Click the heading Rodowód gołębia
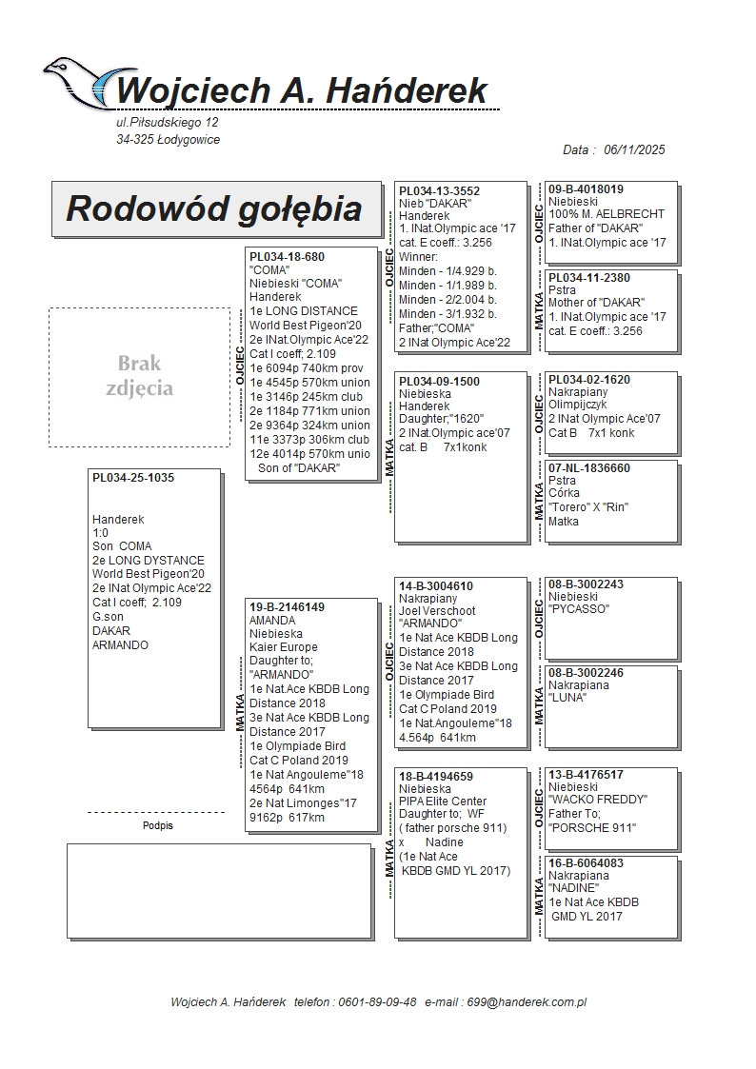pos(214,208)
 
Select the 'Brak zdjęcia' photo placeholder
pos(139,376)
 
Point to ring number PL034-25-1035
pos(133,478)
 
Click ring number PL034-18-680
pos(287,257)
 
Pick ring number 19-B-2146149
pos(287,606)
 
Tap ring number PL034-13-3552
pos(439,190)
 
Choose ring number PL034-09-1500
pos(439,381)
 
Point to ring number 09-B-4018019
pos(586,189)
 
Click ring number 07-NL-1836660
pos(588,468)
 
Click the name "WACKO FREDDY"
pos(597,800)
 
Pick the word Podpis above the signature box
pos(158,825)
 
